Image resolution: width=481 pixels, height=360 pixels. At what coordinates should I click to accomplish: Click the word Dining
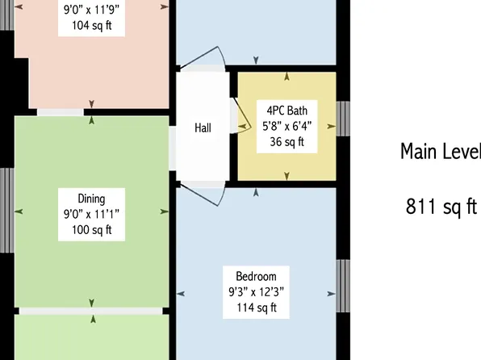[91, 199]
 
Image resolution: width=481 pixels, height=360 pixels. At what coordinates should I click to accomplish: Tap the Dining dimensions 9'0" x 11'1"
[91, 214]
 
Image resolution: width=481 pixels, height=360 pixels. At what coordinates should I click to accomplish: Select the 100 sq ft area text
[91, 230]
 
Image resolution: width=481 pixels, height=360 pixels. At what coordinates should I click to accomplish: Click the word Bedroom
[257, 275]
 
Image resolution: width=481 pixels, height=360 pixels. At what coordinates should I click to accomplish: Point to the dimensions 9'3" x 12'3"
[257, 291]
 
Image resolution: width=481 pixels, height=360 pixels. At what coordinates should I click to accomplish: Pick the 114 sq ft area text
[257, 308]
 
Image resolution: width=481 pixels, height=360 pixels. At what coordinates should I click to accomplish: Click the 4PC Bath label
[287, 110]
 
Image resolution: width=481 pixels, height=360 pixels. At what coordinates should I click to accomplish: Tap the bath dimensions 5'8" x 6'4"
[287, 126]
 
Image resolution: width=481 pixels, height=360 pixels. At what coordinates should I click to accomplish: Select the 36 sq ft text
[287, 142]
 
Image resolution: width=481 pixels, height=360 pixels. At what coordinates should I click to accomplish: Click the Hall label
[203, 128]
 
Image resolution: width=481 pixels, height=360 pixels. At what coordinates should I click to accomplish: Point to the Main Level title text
[441, 152]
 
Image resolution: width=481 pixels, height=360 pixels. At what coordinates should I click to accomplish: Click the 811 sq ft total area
[441, 207]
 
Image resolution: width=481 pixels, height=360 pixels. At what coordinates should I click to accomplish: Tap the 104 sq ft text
[91, 25]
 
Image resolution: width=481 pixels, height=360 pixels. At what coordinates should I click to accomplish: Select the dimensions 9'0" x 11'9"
[91, 10]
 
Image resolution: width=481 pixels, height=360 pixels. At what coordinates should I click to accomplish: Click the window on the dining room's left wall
[6, 210]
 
